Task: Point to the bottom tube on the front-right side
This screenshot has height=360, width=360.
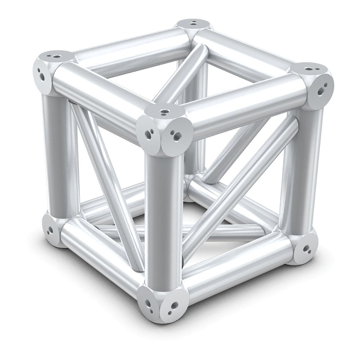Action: (237, 267)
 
